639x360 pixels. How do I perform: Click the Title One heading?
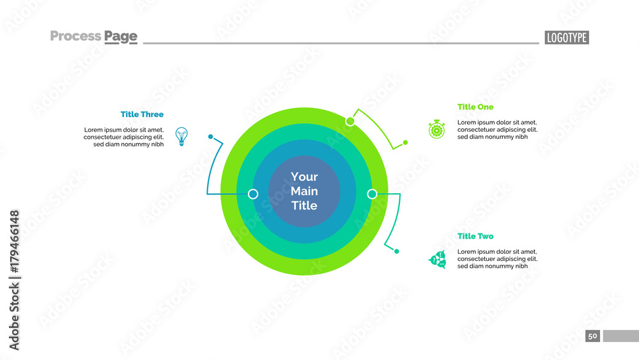(x=475, y=107)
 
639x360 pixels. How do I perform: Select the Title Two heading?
(x=475, y=236)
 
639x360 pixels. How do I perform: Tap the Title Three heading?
(x=142, y=114)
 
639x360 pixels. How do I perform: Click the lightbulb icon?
(x=182, y=136)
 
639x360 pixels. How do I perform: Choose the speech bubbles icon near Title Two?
(x=437, y=260)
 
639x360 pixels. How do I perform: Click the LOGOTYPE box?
(x=567, y=38)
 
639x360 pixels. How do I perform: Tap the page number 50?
(x=592, y=336)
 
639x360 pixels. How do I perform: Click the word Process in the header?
(x=75, y=36)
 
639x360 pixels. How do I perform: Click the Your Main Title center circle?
(x=304, y=191)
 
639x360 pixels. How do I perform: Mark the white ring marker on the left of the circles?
(x=253, y=194)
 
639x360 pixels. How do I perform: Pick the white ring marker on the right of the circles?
(x=372, y=194)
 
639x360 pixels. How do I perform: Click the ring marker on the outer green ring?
(x=350, y=121)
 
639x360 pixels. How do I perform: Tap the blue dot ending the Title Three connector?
(x=210, y=136)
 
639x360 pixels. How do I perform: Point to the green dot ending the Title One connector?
(x=404, y=142)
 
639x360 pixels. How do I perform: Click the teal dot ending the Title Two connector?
(x=397, y=251)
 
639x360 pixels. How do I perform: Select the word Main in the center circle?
(x=304, y=191)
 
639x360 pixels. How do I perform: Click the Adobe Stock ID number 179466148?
(x=14, y=242)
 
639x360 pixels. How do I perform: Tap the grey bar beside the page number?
(x=620, y=336)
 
